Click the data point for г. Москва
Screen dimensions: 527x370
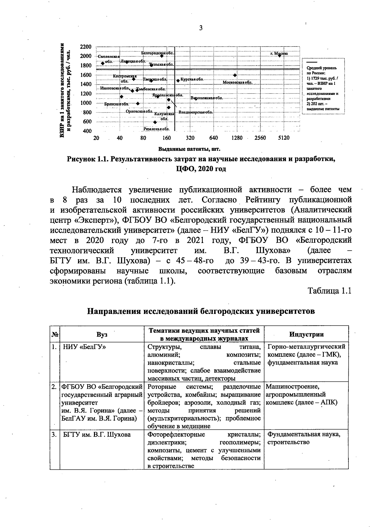(279, 56)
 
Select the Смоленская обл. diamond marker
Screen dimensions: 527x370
(103, 63)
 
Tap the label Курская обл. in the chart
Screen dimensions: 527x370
(191, 79)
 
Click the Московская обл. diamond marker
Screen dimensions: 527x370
(235, 75)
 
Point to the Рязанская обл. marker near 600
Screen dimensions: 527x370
(155, 122)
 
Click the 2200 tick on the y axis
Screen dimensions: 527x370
(85, 47)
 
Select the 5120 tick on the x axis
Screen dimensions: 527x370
(283, 138)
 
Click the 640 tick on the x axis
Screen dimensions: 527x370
(213, 138)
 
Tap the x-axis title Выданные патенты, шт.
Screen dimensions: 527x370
(189, 150)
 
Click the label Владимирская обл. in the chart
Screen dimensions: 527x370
(196, 112)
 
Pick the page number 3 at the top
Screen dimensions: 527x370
(201, 28)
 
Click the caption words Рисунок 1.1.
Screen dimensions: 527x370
(88, 159)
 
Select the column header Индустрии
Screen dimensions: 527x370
(306, 334)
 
